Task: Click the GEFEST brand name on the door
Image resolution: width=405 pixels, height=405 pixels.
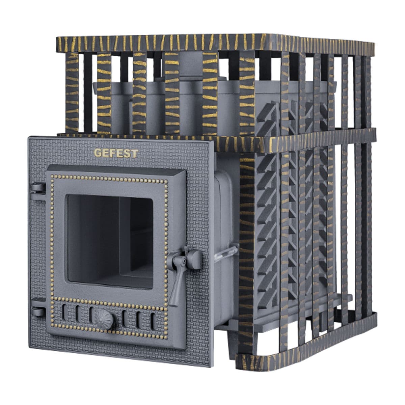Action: click(116, 153)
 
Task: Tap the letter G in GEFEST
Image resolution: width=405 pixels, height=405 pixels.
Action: click(98, 153)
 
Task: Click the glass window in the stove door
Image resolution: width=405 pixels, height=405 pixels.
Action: click(110, 242)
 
